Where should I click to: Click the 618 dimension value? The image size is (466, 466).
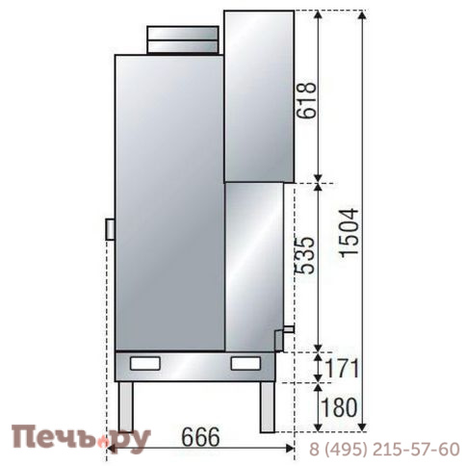pyautogui.click(x=306, y=97)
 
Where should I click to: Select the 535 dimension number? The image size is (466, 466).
pyautogui.click(x=306, y=255)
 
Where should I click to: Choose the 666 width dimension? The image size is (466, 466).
pyautogui.click(x=199, y=435)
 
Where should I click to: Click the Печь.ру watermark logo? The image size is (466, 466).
pyautogui.click(x=82, y=439)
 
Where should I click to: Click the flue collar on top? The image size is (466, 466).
pyautogui.click(x=183, y=39)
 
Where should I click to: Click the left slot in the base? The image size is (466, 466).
pyautogui.click(x=147, y=364)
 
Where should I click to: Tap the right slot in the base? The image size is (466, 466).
pyautogui.click(x=245, y=364)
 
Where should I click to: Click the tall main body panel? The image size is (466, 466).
pyautogui.click(x=168, y=202)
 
